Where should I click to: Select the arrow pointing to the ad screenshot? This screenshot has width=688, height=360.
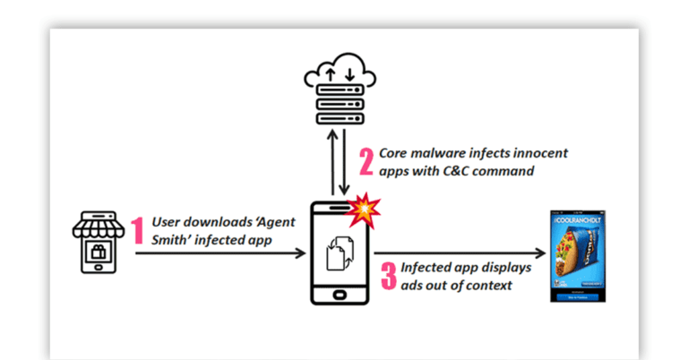[x=457, y=253]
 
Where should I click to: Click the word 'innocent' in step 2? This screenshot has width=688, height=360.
[x=537, y=153]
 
